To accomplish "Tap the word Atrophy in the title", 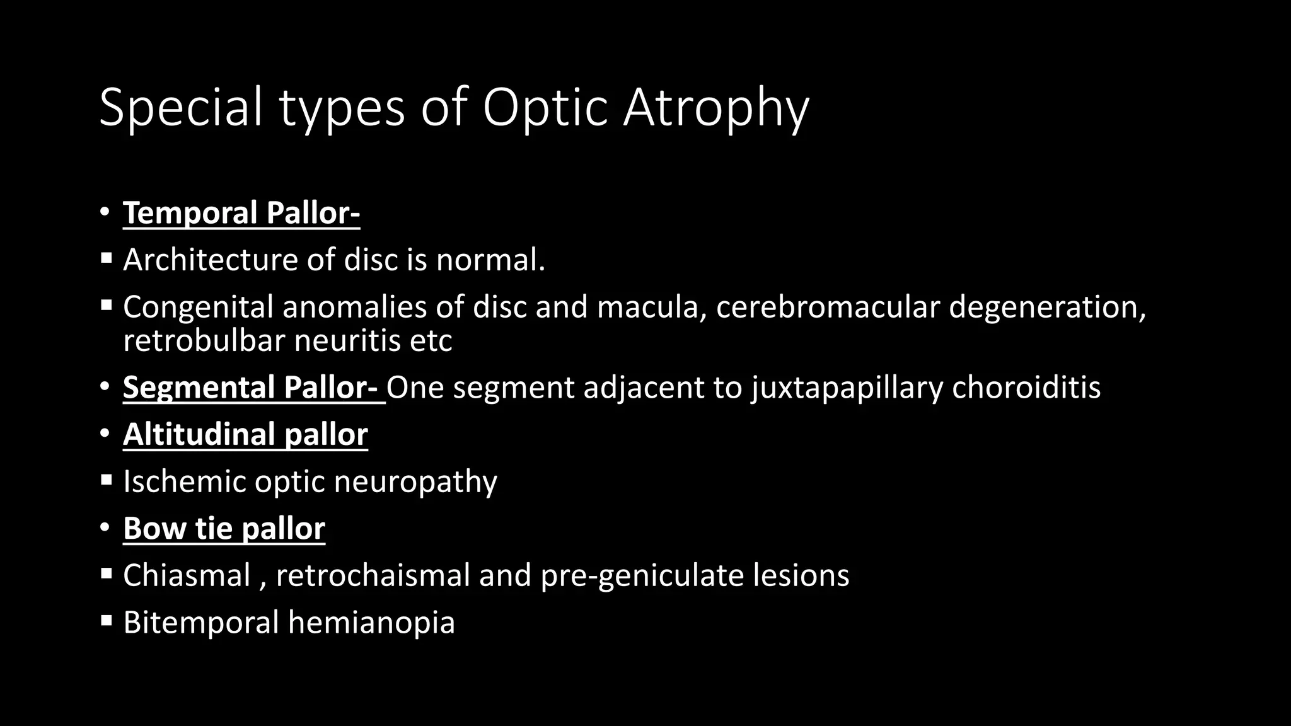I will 715,108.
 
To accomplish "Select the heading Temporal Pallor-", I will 241,213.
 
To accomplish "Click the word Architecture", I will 210,260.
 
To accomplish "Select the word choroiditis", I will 1026,387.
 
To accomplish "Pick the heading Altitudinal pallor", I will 245,434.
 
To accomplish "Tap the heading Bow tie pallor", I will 224,528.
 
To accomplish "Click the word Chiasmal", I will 187,575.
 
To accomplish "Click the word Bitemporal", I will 200,623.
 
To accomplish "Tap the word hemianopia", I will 371,623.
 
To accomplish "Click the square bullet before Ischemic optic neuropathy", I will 106,481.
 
